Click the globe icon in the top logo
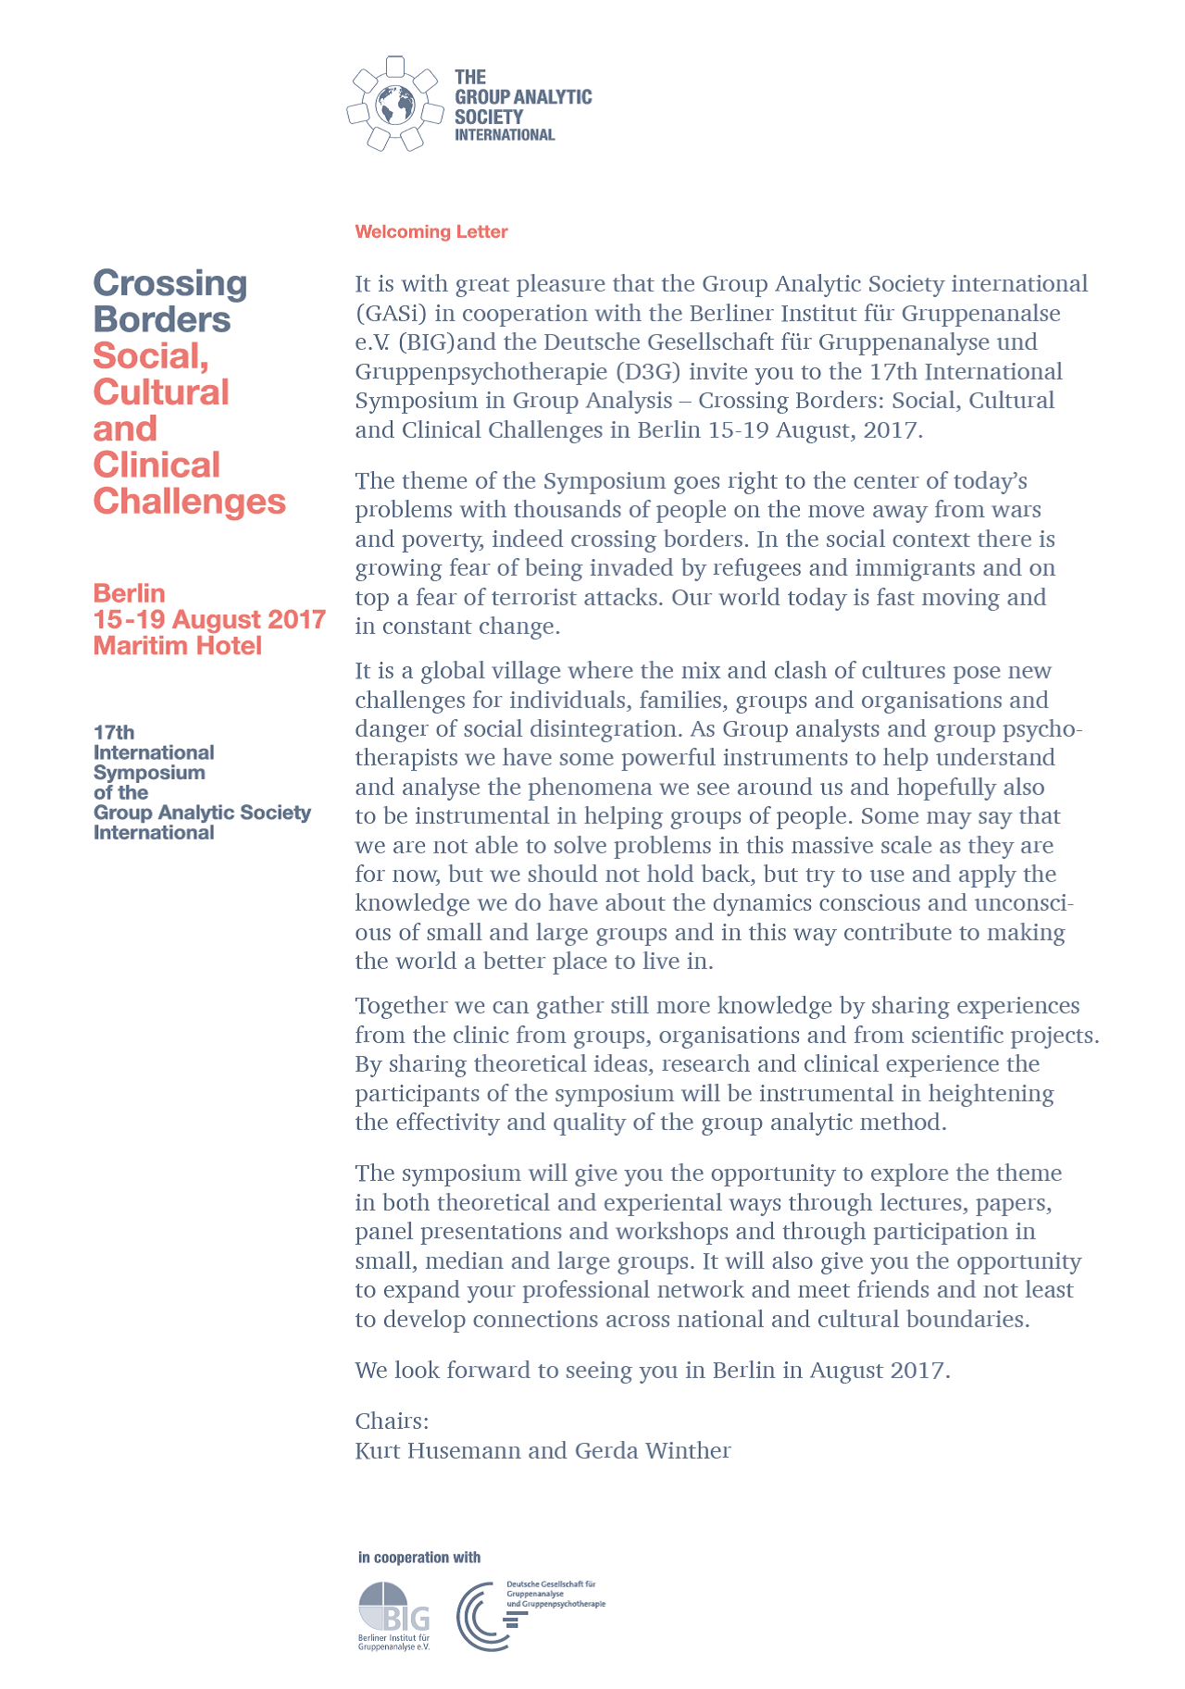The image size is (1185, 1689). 394,106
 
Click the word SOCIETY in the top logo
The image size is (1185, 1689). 488,117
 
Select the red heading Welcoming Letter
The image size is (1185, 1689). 431,231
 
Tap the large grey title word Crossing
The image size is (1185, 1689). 170,283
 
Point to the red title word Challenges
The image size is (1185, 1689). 190,501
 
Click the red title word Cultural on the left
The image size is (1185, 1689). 161,391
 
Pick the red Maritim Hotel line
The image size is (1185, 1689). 178,645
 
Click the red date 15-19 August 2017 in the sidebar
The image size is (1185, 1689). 209,619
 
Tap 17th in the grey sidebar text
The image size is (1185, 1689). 114,732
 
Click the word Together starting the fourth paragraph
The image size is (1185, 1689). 401,1005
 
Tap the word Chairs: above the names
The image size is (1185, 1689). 392,1421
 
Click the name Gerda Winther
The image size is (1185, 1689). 653,1450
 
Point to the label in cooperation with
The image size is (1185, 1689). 419,1558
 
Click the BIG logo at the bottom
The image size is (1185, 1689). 393,1615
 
